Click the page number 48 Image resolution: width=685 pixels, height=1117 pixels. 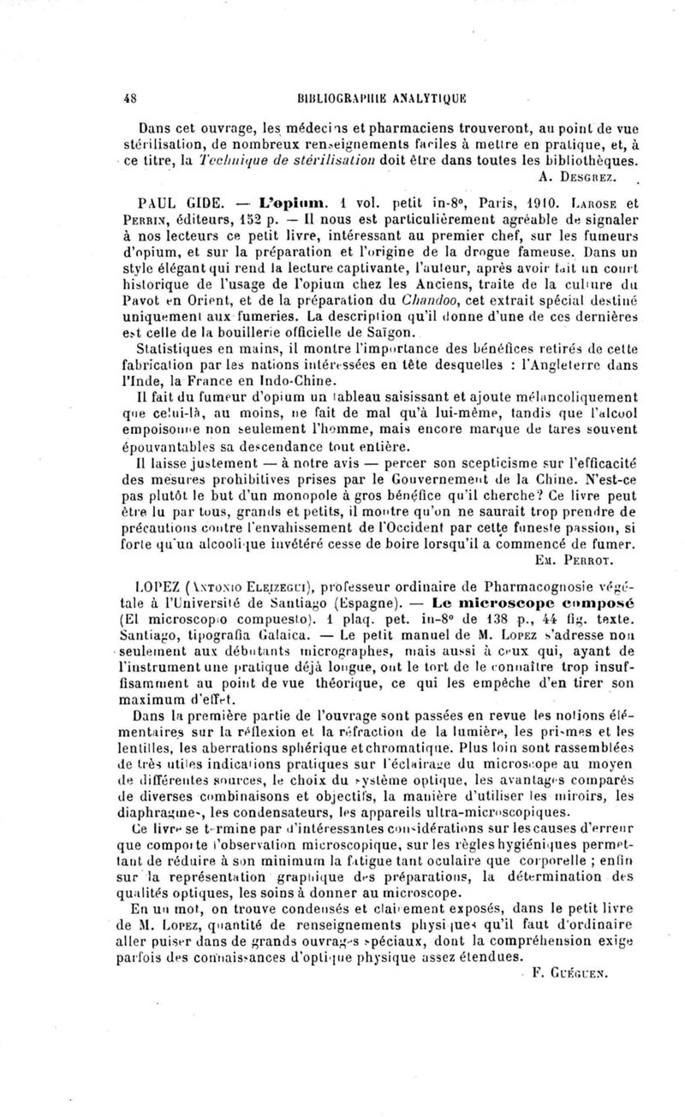[x=132, y=98]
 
